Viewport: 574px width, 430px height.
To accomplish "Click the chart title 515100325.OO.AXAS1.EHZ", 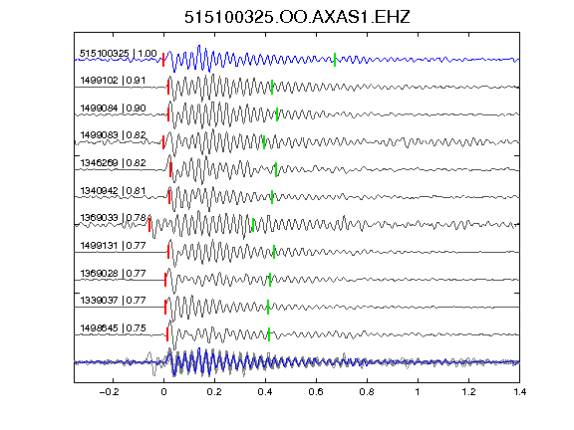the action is (x=297, y=17).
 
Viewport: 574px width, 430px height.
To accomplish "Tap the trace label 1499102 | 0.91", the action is (x=113, y=81).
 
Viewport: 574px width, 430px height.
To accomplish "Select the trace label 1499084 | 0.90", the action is (x=113, y=108).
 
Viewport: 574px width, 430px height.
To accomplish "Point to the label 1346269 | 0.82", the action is (x=113, y=162).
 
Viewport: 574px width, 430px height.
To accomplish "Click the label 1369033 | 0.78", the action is (x=113, y=218).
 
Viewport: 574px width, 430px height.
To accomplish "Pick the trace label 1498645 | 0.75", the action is (x=113, y=328).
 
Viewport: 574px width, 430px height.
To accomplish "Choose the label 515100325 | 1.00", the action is (x=119, y=54).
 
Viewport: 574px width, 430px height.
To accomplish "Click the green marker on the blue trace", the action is (x=335, y=60).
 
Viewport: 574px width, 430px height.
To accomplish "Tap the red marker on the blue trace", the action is (x=163, y=60).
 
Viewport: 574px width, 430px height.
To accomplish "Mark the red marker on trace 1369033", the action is (x=149, y=224).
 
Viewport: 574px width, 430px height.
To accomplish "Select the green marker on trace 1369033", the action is (x=253, y=225).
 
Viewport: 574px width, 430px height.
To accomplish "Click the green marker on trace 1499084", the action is (x=277, y=114).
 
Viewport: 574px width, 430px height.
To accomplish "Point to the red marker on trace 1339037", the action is (x=165, y=308).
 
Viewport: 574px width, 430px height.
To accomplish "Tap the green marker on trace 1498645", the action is (x=269, y=334).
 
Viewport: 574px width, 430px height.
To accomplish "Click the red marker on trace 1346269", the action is (x=170, y=169).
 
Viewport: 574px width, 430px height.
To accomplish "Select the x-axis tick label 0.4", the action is (x=265, y=392).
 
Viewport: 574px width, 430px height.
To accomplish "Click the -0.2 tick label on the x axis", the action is (x=109, y=392).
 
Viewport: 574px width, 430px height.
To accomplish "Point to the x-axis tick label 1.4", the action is (x=520, y=392).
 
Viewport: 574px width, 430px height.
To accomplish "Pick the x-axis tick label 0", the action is (x=163, y=392).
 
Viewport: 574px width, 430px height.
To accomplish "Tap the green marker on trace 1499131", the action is (x=274, y=252).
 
